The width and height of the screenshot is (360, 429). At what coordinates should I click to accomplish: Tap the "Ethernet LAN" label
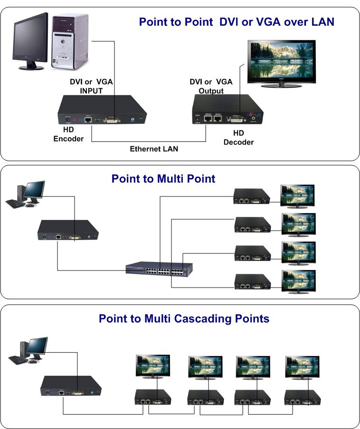154,149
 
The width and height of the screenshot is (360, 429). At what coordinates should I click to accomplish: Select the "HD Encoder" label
68,134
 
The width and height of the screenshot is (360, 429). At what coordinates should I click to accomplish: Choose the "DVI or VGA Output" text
211,86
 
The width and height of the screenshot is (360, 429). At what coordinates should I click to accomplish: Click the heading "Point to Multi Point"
163,179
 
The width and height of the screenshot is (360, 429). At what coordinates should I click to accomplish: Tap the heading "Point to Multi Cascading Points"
184,318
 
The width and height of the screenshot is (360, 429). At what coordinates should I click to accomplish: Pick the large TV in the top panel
282,65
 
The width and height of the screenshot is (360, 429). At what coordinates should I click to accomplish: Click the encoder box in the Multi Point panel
69,230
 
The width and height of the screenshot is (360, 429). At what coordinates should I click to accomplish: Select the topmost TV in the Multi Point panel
298,196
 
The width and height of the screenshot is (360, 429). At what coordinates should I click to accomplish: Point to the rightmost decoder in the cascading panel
301,397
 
